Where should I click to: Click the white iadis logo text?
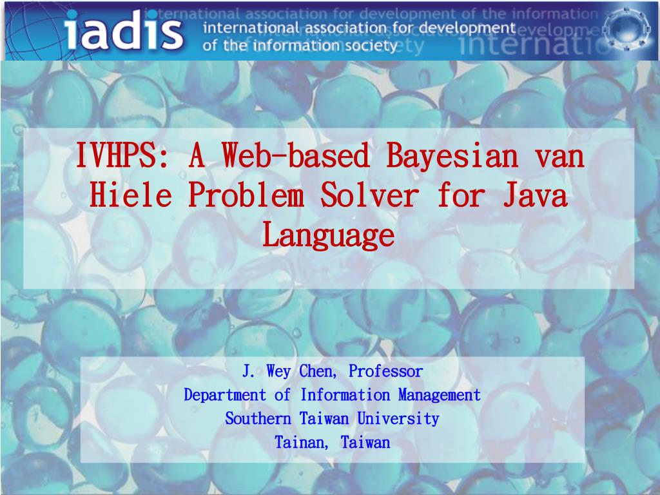click(124, 30)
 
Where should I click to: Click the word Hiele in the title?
click(130, 195)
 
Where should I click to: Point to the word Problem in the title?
click(246, 195)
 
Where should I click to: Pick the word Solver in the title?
click(369, 195)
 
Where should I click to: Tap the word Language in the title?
click(329, 236)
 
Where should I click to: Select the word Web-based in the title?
click(296, 156)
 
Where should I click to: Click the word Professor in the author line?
click(385, 371)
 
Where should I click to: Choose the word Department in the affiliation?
click(225, 395)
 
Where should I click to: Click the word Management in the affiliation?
click(440, 395)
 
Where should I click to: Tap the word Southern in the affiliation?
click(258, 418)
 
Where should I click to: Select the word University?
click(398, 419)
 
